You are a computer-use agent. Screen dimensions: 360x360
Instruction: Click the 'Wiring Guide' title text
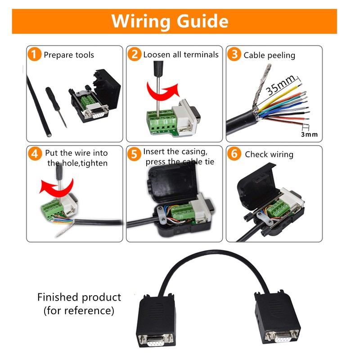click(170, 21)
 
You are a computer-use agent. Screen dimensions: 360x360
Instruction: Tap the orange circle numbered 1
click(35, 55)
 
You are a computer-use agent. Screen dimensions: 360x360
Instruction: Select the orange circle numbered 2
click(134, 55)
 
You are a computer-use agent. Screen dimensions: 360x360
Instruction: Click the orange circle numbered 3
click(234, 55)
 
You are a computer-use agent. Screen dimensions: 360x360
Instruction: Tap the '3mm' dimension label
click(309, 134)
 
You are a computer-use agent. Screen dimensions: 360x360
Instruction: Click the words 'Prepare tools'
click(69, 55)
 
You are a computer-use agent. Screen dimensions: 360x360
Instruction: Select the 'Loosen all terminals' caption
click(181, 54)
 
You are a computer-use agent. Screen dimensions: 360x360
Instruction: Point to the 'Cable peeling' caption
click(269, 55)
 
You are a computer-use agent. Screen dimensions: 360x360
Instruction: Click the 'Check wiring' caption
click(269, 154)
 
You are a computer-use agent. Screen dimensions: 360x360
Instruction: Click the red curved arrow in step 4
click(50, 186)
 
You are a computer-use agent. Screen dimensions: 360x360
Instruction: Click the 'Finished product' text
click(79, 297)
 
